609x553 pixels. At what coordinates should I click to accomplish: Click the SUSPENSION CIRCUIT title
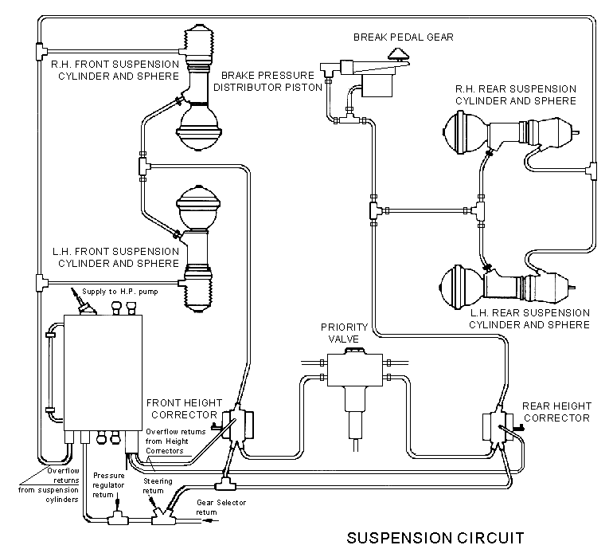coord(435,538)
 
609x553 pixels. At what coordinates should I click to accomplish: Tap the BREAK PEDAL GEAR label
coord(403,37)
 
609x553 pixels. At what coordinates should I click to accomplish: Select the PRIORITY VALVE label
coord(344,333)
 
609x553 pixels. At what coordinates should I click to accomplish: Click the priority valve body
coord(354,370)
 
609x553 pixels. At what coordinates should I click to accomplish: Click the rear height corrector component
coord(498,427)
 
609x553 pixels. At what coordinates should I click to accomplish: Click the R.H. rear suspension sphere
coord(465,132)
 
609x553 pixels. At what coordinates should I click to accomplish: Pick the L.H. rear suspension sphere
coord(463,288)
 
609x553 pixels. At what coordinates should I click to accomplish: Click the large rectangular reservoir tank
coord(103,373)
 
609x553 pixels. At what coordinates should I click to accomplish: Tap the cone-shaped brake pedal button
coord(398,54)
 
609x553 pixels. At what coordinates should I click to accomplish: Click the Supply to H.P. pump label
coord(120,292)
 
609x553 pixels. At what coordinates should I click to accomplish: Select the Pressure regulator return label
coord(108,485)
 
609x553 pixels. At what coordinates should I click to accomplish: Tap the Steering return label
coord(158,486)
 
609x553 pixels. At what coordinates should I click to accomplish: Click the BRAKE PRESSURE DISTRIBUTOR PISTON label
coord(267,81)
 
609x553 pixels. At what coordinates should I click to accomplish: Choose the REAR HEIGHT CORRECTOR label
coord(556,412)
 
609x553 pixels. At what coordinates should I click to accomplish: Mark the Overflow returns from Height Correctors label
coord(176,441)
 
